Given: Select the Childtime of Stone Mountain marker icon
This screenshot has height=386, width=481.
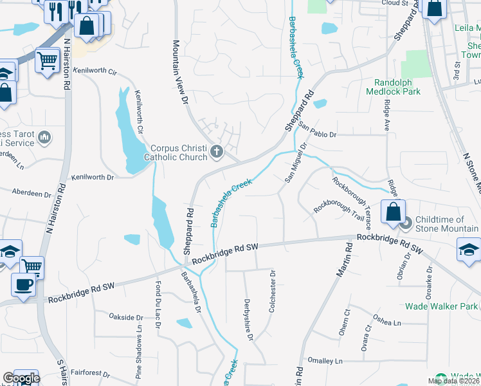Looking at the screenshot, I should (406, 223).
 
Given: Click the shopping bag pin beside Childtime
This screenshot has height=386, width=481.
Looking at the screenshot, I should (392, 212).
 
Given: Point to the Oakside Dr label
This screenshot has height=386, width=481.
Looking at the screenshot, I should (125, 317).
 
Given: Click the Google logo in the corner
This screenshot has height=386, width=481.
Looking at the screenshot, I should (21, 378).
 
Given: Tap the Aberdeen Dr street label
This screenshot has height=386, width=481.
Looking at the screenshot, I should (32, 193).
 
